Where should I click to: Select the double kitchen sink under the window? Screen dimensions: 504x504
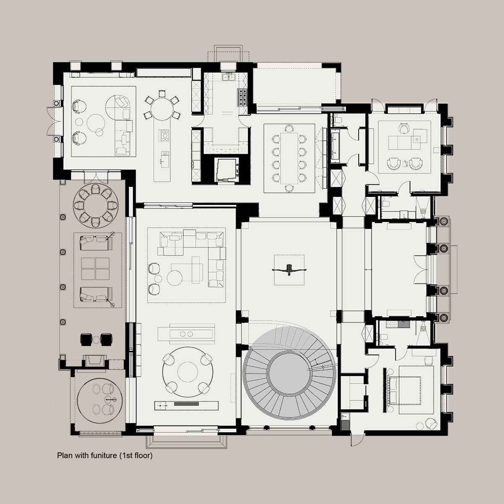(x=228, y=77)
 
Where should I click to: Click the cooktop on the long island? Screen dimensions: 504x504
(x=165, y=136)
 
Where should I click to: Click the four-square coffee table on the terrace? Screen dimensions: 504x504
(x=95, y=269)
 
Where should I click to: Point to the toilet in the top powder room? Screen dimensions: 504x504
(x=338, y=120)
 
